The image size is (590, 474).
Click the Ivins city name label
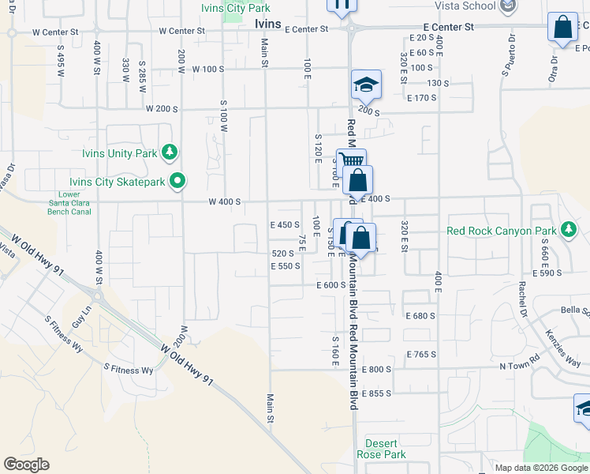[268, 24]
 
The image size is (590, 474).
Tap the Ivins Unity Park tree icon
[168, 152]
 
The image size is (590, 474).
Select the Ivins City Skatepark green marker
[177, 181]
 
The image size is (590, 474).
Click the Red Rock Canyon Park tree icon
[568, 230]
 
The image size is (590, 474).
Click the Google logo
[26, 465]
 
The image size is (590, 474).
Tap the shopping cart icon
[351, 161]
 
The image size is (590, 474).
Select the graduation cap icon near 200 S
[366, 83]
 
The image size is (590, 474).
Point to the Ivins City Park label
[236, 8]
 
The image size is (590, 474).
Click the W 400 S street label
[224, 202]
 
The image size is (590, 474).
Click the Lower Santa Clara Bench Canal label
[70, 203]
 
